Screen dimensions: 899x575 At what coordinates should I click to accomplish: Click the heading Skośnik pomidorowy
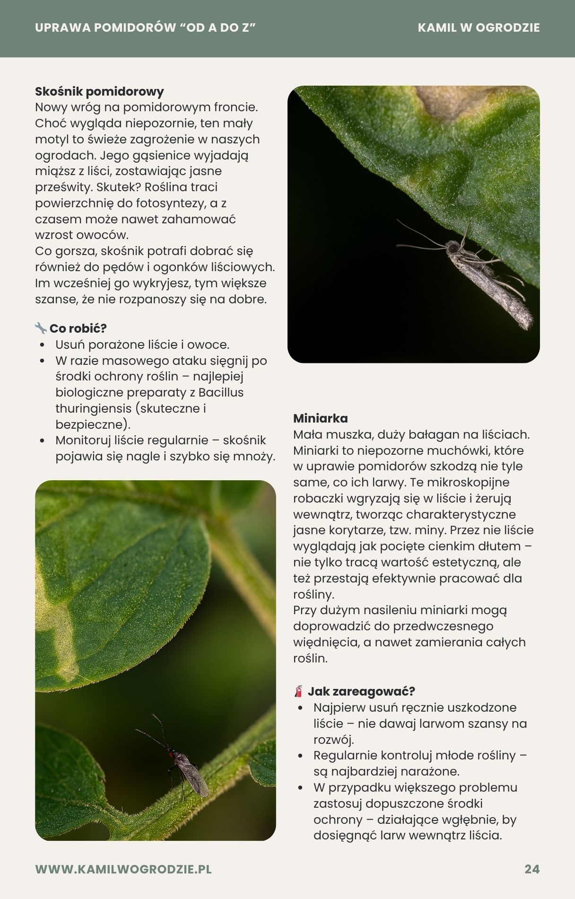[99, 91]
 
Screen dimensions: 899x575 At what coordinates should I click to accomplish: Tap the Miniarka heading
[320, 418]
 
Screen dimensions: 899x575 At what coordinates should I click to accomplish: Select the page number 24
[532, 869]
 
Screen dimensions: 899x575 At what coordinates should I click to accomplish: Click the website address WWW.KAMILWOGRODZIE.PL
[123, 869]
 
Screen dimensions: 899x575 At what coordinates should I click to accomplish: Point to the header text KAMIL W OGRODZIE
[479, 27]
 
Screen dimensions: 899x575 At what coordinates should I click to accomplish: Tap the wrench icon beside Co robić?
[41, 328]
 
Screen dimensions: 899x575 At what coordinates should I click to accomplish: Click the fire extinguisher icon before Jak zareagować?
[298, 691]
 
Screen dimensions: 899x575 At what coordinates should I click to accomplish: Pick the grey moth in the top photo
[487, 279]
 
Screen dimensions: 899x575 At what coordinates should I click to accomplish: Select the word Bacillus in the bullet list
[221, 392]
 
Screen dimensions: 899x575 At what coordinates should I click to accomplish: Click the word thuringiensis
[93, 408]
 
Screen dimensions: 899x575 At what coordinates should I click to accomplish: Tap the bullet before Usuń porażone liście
[43, 345]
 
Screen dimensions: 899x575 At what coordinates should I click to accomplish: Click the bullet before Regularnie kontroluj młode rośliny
[300, 756]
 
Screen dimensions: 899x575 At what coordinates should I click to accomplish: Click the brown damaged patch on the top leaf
[454, 102]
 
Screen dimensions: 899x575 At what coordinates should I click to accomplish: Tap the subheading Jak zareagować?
[361, 691]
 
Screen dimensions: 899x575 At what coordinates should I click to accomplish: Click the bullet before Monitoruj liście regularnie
[43, 441]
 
